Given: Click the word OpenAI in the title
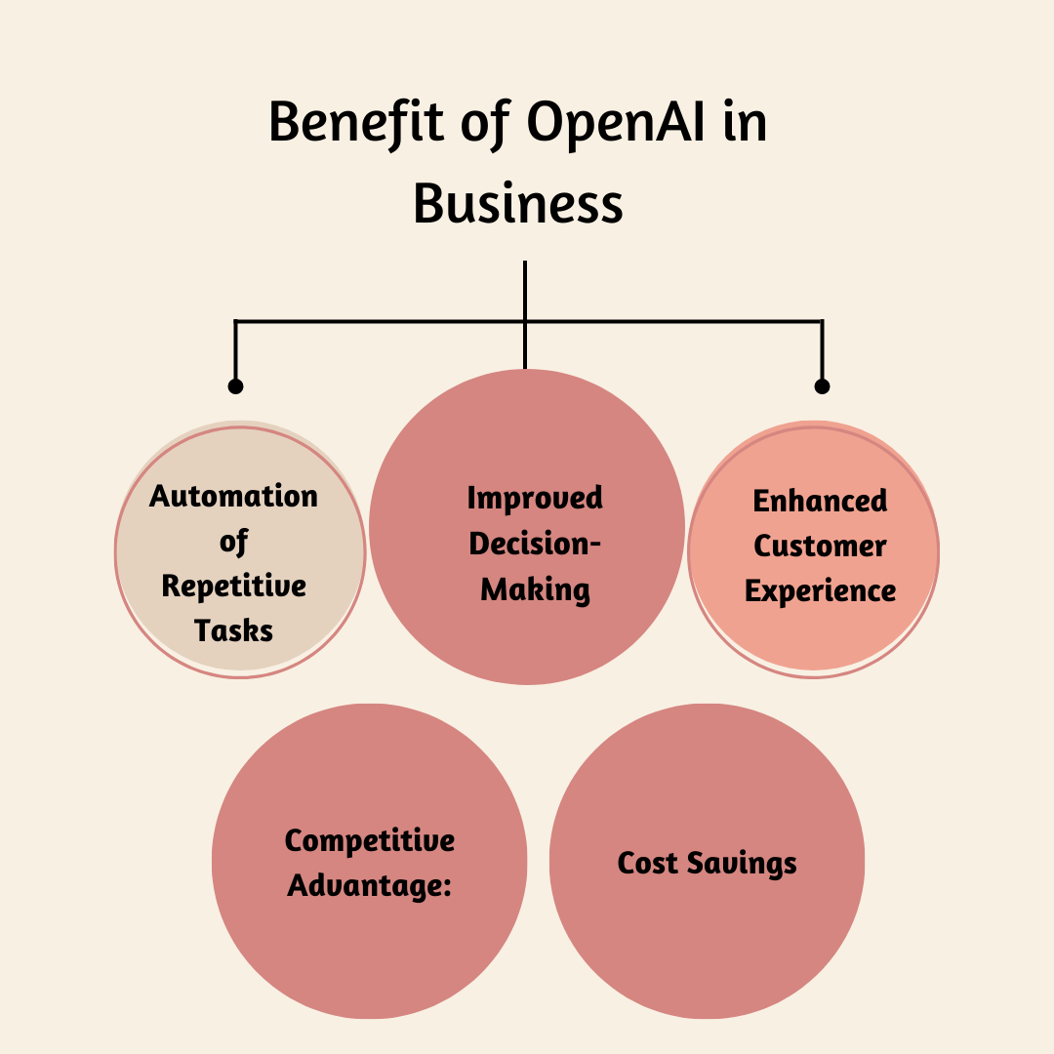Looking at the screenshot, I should [x=615, y=125].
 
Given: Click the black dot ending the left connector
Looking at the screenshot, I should [x=235, y=386].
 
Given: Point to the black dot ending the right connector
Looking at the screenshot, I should [x=822, y=386].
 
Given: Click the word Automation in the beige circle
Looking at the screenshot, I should [x=233, y=496].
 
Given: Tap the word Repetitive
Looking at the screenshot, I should [x=233, y=586].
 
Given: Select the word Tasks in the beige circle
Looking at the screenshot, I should [x=233, y=630].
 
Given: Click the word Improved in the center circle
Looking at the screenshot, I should [x=535, y=499].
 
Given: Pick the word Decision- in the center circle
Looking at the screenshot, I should [x=535, y=544].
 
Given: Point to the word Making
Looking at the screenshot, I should [x=535, y=589].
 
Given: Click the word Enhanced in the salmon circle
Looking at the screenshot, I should [x=820, y=502].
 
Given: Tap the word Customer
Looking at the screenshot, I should [x=820, y=547].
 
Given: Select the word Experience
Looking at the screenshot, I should [x=820, y=591].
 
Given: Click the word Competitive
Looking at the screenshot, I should [x=370, y=841].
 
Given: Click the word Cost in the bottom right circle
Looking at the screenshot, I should [x=648, y=864].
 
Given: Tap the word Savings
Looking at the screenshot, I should [x=742, y=864].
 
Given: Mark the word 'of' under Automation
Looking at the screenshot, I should [x=233, y=542].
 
